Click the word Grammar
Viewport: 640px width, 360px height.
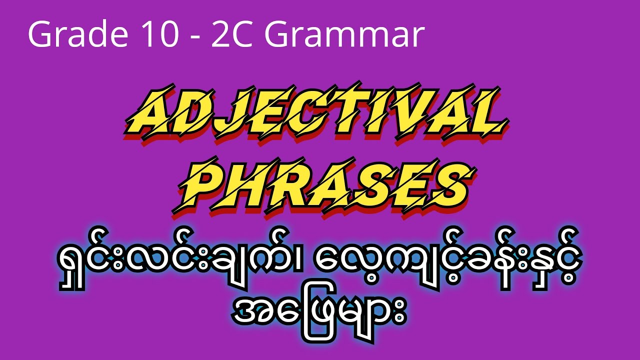click(x=345, y=36)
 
